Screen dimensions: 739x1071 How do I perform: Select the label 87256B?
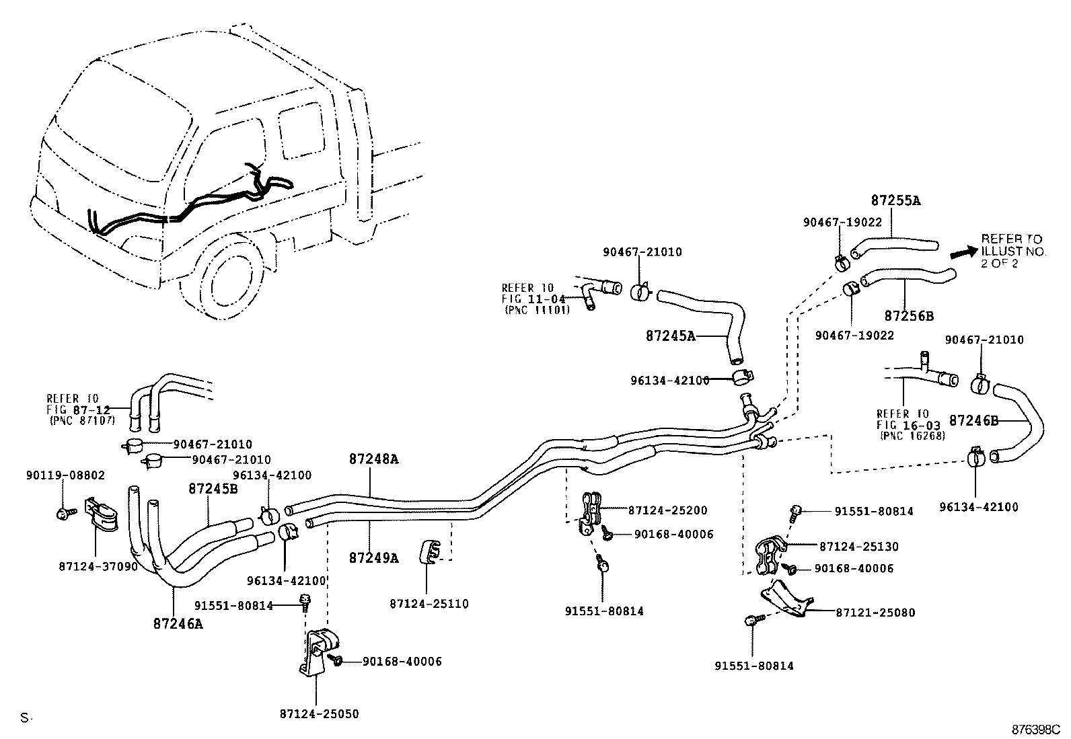pos(909,315)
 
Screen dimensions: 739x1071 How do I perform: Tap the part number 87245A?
pos(670,336)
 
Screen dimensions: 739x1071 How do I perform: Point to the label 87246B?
pos(973,421)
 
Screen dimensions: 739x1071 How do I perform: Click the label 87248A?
pos(373,459)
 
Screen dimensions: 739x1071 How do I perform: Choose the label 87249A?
pos(373,557)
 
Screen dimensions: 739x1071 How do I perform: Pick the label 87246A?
pos(178,623)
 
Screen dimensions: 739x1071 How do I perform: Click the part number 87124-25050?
pos(320,714)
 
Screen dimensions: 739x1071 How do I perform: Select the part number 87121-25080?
pos(875,613)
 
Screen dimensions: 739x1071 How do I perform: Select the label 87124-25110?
pos(429,604)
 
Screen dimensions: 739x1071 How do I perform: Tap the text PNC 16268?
pos(912,435)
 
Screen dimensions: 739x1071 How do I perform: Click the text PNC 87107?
pos(83,420)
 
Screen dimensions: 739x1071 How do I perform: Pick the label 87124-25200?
pos(667,510)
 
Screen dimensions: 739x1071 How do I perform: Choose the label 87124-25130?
pos(858,547)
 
